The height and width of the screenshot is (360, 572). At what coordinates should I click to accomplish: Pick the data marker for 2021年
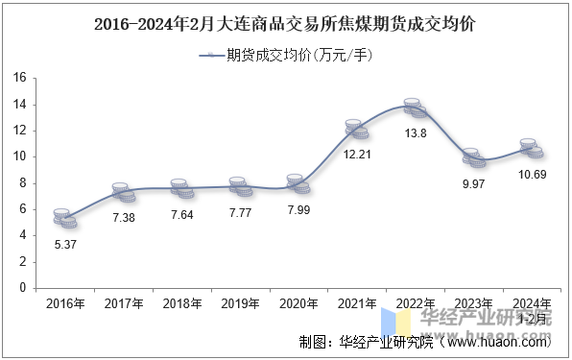coord(356,129)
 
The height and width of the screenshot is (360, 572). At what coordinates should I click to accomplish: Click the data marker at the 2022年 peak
coord(414,108)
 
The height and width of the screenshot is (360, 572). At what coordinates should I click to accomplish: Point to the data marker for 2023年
coord(472,157)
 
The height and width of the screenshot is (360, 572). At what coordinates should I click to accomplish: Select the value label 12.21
coord(357,154)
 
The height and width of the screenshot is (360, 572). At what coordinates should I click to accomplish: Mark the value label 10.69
coord(531,173)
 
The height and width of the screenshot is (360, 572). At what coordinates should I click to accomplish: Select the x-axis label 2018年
coord(181,303)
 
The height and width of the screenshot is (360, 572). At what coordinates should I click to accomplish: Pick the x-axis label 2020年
coord(298,303)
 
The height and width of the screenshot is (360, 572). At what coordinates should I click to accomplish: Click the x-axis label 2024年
coord(531,303)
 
